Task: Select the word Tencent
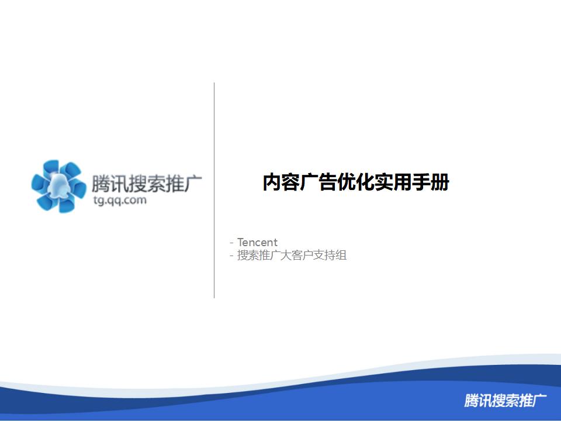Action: click(257, 242)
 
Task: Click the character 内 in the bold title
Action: click(272, 183)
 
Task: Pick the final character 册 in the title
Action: click(440, 183)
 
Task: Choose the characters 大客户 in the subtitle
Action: click(297, 256)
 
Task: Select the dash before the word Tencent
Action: click(232, 242)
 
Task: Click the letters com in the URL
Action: click(135, 201)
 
